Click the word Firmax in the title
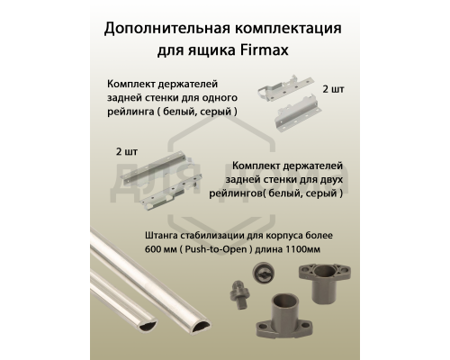tap(307, 51)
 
